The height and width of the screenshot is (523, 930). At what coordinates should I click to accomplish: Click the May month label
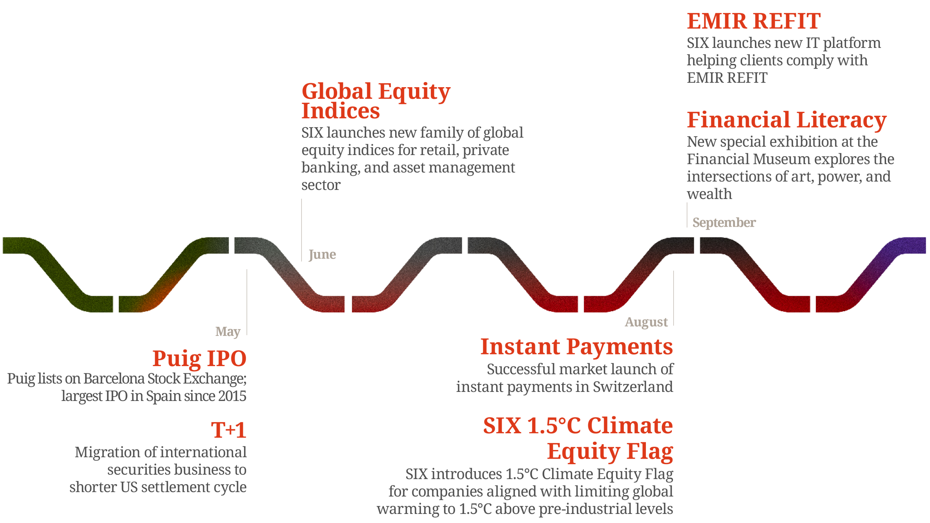click(228, 332)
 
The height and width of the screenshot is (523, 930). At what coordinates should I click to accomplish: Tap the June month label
click(322, 255)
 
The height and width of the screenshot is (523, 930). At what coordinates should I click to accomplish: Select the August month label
click(646, 323)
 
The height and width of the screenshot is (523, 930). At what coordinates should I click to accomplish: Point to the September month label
click(724, 223)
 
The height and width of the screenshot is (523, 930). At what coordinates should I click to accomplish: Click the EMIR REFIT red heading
click(754, 21)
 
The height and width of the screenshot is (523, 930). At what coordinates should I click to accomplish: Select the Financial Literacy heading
click(787, 120)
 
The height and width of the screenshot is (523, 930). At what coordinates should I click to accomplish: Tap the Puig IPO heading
click(199, 358)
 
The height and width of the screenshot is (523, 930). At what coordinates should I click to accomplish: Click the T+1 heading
click(229, 430)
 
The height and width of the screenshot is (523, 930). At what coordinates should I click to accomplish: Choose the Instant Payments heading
click(577, 347)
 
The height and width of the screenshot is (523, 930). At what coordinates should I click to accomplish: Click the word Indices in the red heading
click(341, 111)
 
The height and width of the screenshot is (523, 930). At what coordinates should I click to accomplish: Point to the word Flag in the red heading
click(650, 451)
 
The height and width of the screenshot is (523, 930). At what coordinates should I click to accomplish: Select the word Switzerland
click(633, 386)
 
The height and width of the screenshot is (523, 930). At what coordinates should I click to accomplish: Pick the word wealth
click(709, 194)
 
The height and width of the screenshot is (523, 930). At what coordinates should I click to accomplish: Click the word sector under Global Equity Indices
click(321, 185)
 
